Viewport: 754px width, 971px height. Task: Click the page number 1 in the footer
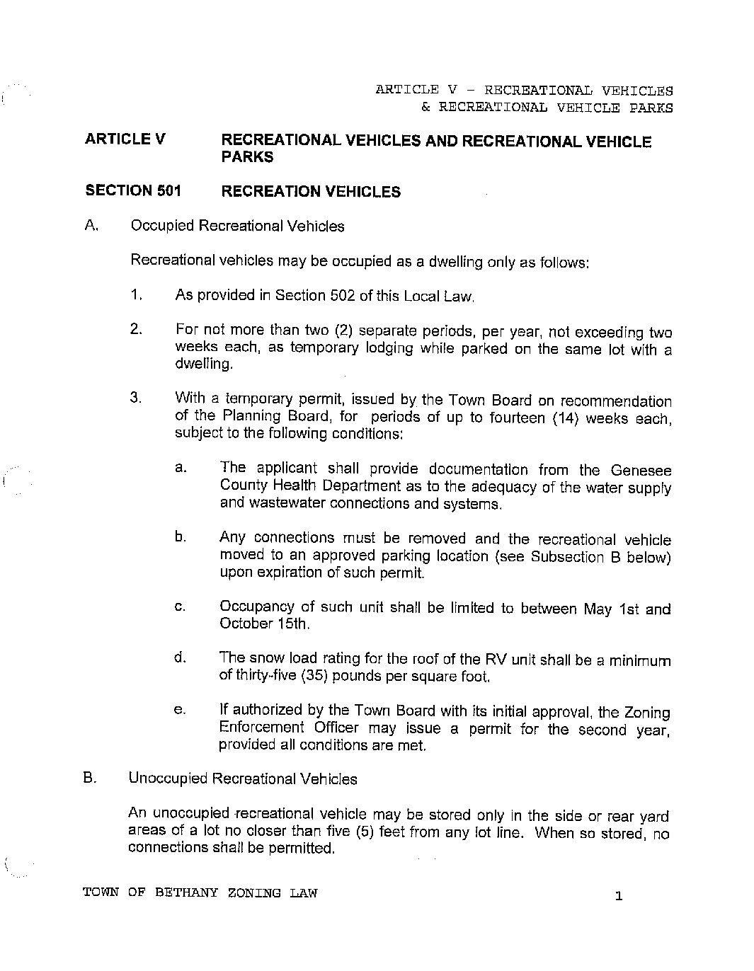coord(618,897)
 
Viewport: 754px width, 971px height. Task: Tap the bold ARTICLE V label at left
coord(125,139)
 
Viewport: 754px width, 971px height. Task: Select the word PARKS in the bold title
coord(247,157)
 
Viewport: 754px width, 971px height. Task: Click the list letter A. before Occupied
coord(91,226)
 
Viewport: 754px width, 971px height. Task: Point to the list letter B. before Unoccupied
coord(89,778)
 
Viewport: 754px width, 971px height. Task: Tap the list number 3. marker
coord(137,398)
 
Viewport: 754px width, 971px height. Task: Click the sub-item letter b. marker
coord(181,537)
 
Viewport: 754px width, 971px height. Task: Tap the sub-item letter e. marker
coord(180,710)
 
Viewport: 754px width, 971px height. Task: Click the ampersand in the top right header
coord(425,108)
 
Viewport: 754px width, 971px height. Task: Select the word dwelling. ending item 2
coord(204,364)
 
